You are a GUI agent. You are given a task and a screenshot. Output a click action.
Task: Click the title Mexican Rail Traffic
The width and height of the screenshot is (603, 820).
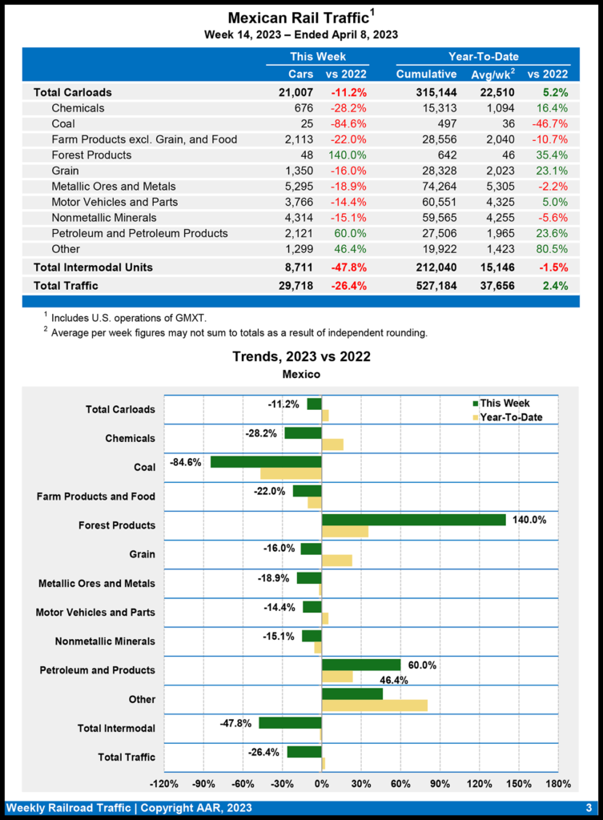[297, 17]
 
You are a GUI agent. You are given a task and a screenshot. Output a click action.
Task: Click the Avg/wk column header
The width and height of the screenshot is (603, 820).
[491, 74]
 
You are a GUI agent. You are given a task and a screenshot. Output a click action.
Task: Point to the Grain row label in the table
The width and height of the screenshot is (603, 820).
[66, 171]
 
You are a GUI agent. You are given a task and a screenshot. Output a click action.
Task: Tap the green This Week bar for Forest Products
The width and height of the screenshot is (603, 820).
[413, 520]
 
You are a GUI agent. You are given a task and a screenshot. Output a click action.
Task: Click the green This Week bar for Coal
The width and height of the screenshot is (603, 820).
[266, 462]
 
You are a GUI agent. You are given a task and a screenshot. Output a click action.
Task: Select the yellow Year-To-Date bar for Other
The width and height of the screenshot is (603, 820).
[374, 705]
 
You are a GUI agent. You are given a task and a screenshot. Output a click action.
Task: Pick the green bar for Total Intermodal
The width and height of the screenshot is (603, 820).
[290, 722]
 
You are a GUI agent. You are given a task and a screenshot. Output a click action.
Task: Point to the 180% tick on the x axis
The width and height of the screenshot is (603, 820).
[557, 783]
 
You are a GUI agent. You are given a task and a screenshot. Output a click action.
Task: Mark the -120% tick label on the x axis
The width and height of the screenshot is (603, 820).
[164, 783]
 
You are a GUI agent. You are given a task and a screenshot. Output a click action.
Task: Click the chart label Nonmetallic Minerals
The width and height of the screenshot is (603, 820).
[105, 641]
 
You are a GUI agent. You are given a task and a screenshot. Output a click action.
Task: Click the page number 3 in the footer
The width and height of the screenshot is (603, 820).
[588, 807]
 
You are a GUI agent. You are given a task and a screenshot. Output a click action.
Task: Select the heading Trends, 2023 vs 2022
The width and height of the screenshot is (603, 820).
[301, 356]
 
